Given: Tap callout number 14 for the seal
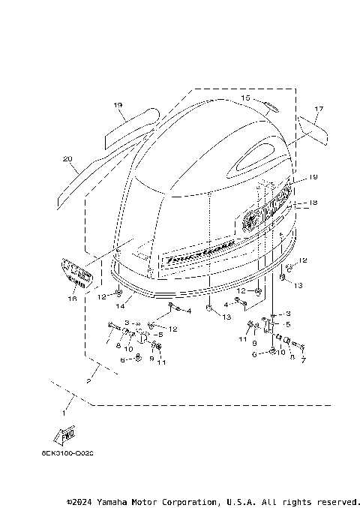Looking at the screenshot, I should pos(118,306).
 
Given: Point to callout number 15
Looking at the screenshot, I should pos(245,98).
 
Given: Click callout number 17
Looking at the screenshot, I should pos(318,110).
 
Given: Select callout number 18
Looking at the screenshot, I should pos(313,203).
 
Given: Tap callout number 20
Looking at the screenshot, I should pos(67,159).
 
